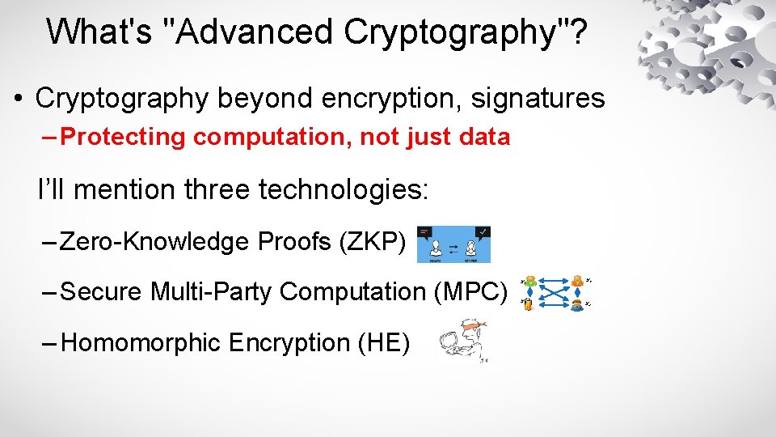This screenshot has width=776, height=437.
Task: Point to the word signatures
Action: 538,99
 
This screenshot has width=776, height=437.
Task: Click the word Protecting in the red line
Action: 122,138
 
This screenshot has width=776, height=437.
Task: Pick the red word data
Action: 483,138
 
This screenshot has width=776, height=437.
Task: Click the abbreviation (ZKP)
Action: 375,241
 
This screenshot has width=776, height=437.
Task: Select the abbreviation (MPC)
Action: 471,291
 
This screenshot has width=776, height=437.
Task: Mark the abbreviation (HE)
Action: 384,343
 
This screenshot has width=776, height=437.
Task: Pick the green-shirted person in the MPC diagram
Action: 529,283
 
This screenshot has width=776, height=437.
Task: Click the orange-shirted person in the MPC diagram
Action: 577,282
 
